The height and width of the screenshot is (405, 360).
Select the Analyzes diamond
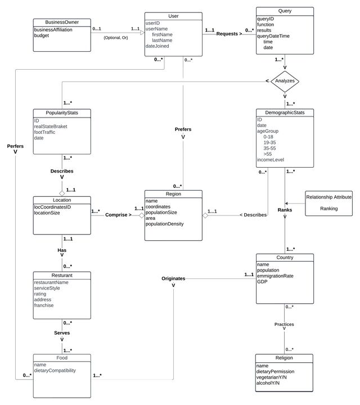[285, 81]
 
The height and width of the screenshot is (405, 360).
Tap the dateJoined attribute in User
[158, 46]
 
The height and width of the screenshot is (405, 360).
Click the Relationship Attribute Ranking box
[328, 202]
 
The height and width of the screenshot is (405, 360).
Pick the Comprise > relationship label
[116, 215]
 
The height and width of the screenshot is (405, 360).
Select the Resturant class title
[61, 275]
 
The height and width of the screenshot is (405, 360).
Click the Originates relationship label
[173, 278]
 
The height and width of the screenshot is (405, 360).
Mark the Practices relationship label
[284, 324]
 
